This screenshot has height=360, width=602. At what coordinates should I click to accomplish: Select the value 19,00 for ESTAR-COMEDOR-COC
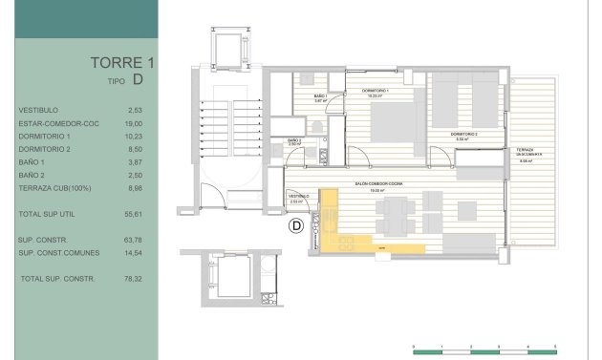(135, 123)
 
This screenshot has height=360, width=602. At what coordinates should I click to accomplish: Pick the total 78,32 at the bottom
(135, 278)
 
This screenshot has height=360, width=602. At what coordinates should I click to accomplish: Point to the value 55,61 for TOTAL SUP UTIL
(135, 215)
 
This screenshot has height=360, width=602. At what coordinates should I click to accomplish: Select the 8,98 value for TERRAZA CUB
(135, 188)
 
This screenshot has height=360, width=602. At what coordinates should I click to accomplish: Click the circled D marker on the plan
(296, 226)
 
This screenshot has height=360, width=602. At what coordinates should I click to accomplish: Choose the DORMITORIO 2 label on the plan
(464, 136)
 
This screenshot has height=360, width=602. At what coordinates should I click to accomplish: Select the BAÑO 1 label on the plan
(319, 97)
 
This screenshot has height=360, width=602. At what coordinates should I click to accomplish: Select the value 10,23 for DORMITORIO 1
(135, 136)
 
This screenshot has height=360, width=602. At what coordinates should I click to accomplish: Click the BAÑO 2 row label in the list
(32, 176)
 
